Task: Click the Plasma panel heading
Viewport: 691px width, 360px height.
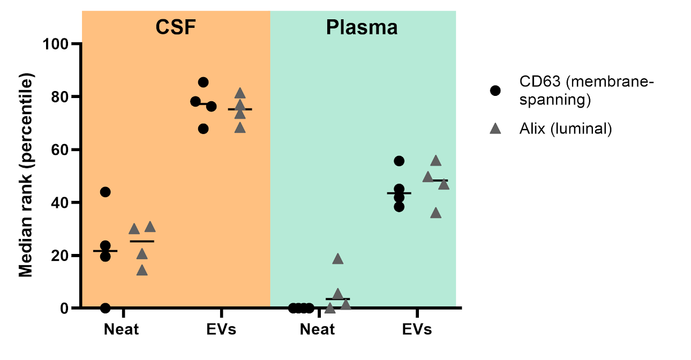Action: [362, 27]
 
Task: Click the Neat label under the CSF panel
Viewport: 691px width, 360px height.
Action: [121, 329]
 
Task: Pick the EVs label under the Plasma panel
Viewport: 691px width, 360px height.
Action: [417, 329]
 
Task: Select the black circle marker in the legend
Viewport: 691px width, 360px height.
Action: [495, 90]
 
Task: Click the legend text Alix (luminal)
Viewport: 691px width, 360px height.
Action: [565, 129]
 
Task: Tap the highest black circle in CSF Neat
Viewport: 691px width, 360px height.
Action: [105, 192]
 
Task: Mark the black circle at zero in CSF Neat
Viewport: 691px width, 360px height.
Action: [105, 308]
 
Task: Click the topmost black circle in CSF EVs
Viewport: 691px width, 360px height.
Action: [203, 82]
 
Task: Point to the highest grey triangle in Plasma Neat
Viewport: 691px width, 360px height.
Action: [337, 259]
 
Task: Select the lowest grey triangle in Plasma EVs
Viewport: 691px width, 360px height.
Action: [436, 213]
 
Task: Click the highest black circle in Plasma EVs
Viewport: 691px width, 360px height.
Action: [399, 161]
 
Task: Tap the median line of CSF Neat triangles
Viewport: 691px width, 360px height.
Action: [142, 241]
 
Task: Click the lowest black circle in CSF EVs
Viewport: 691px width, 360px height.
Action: [203, 129]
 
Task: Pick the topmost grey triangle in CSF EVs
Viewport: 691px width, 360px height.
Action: [240, 93]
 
